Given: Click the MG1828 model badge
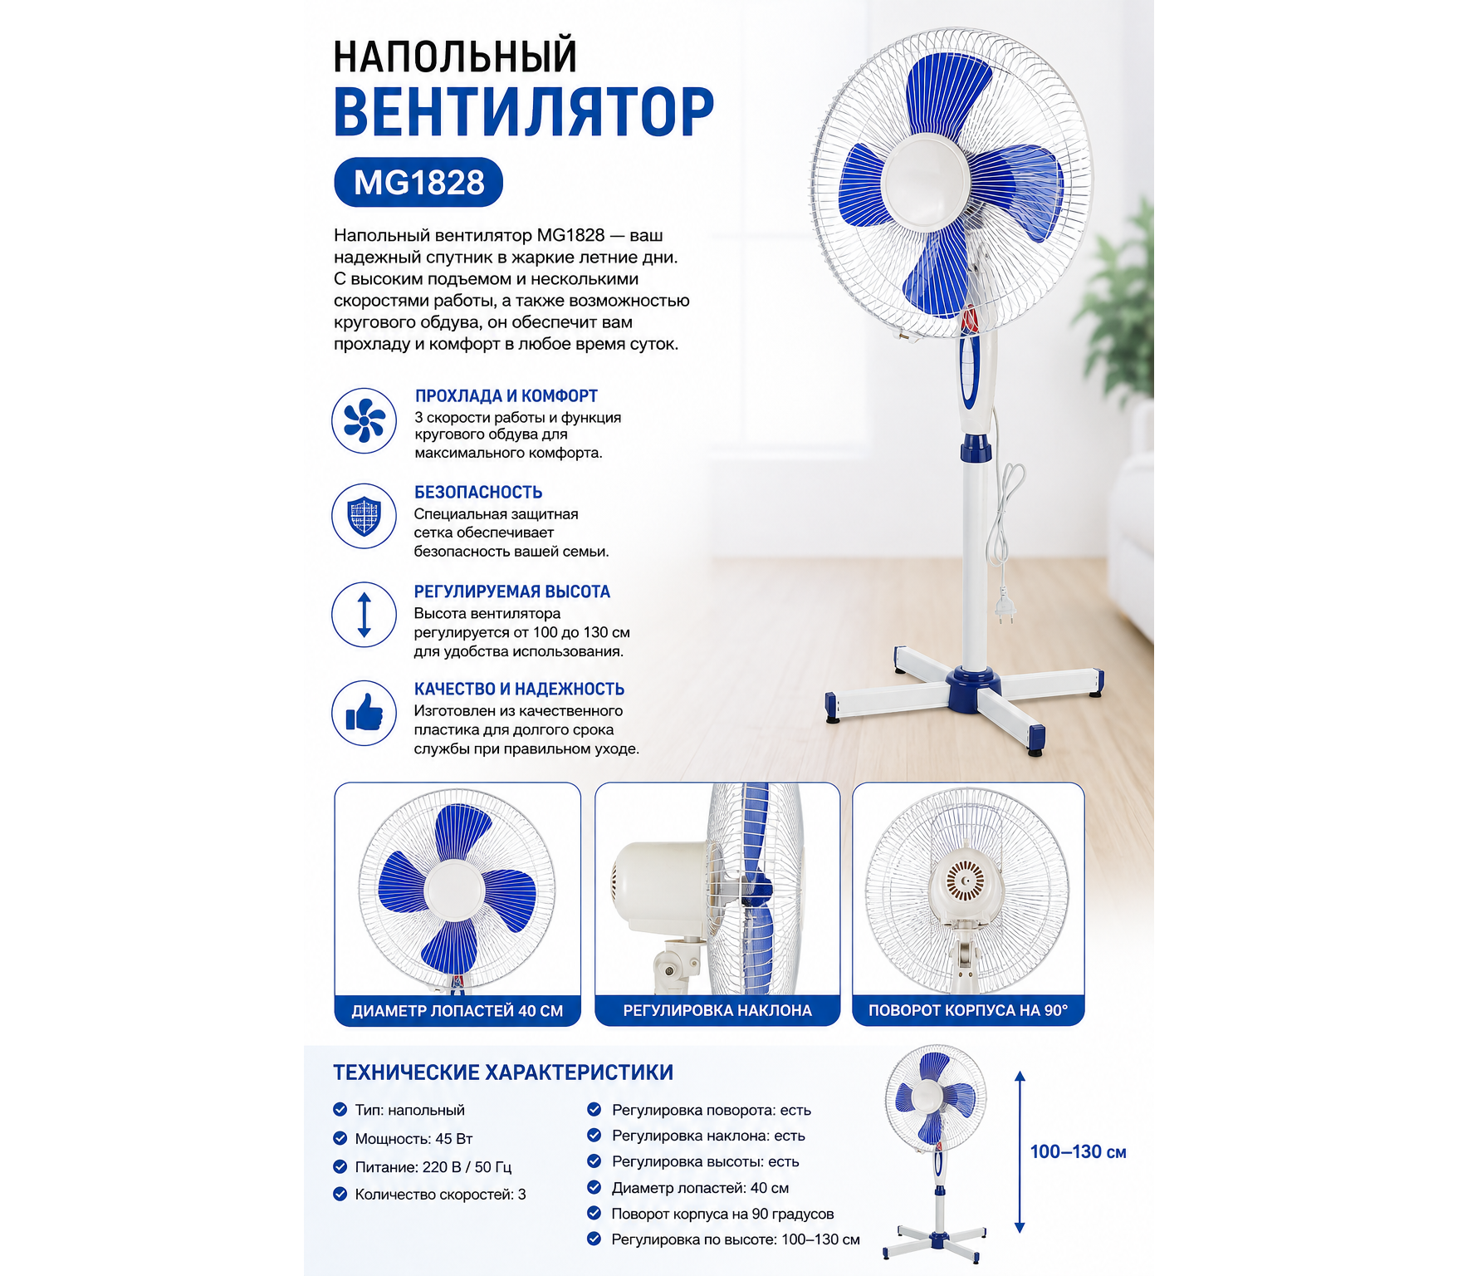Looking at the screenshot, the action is [418, 182].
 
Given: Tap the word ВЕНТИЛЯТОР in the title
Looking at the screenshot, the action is [524, 111].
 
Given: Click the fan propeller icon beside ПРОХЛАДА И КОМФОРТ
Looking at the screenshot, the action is [364, 420].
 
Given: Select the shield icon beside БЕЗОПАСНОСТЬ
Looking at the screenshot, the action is [364, 516].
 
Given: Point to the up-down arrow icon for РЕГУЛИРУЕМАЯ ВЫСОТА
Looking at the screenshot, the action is [364, 615].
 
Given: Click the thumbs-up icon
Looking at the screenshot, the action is [364, 713].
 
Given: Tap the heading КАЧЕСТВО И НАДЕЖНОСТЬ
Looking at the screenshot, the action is [519, 689].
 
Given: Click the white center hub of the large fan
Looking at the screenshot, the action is [926, 180].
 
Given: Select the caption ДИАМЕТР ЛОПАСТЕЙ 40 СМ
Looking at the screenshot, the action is [457, 1011].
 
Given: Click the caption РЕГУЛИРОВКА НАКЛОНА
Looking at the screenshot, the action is [717, 1011].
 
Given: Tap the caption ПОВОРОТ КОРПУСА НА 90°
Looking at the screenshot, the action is [968, 1011].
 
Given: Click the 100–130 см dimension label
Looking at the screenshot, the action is [1078, 1152].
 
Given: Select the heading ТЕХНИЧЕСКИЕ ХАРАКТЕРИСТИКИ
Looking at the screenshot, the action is [503, 1072].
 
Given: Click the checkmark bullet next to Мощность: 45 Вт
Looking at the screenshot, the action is [340, 1138].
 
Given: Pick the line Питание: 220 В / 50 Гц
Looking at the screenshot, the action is [433, 1167].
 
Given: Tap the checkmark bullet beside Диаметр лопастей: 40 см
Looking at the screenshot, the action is [594, 1187].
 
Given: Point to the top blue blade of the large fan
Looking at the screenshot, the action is [947, 92].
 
